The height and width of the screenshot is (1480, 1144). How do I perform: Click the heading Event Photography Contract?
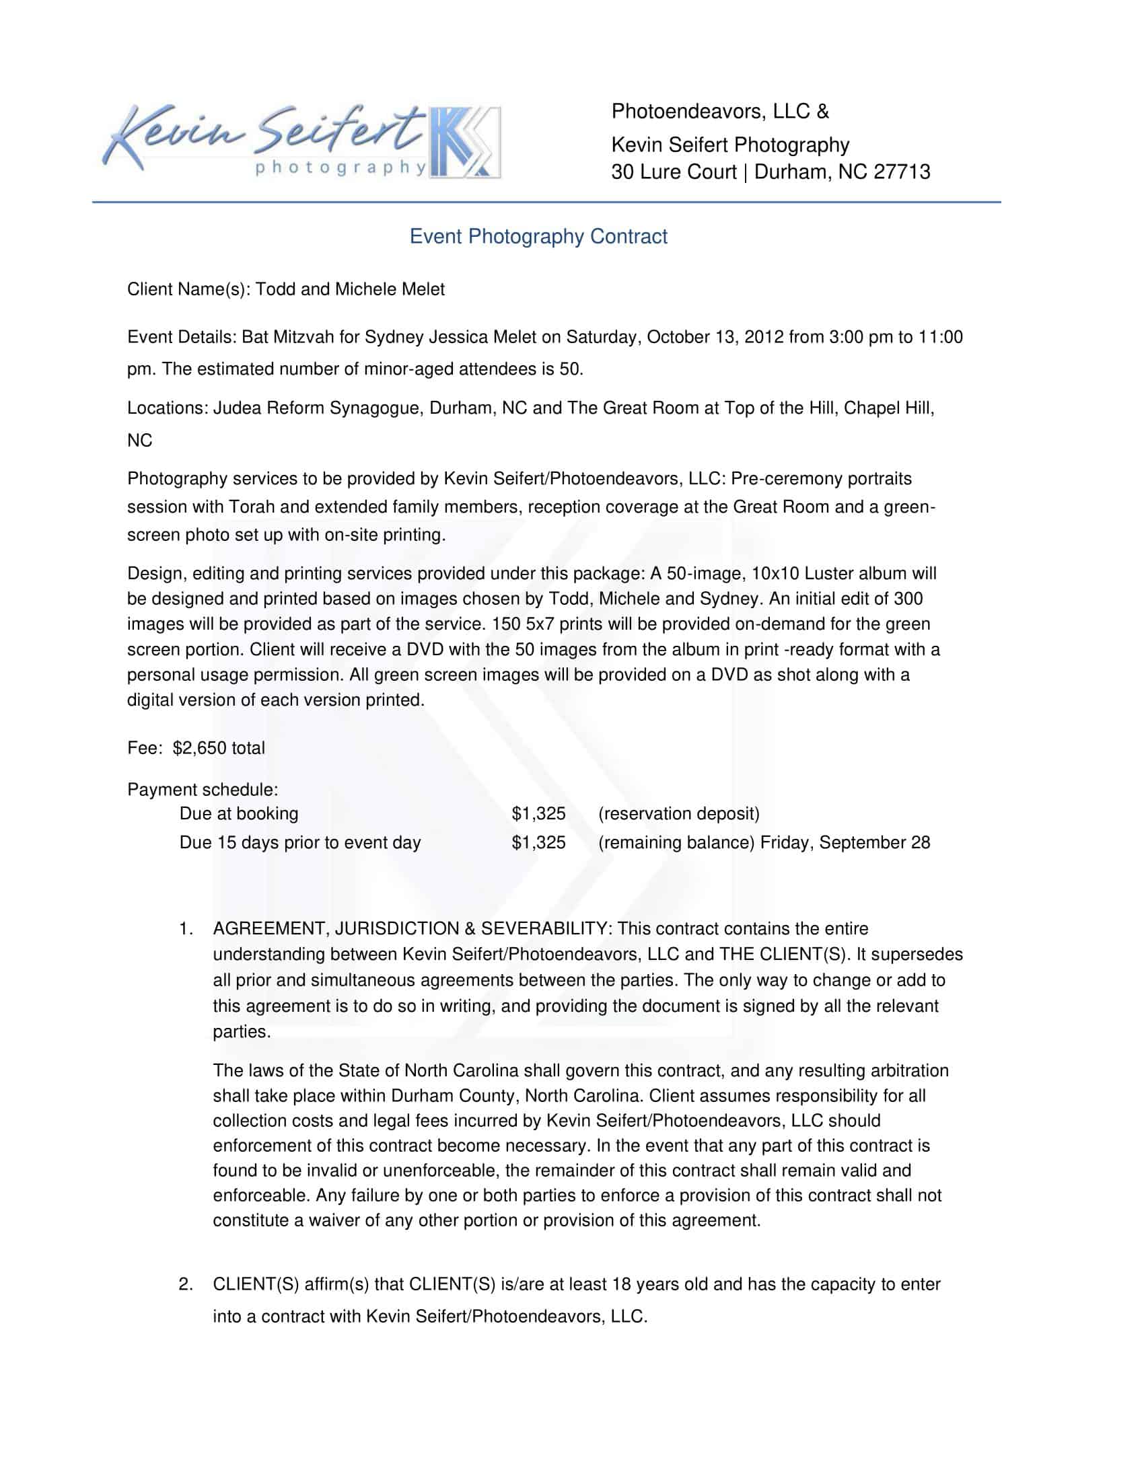[x=538, y=237]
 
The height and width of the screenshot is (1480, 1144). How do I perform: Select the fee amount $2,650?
[x=195, y=748]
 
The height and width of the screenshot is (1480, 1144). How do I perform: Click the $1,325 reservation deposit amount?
[x=538, y=814]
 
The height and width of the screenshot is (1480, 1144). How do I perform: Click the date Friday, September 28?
[x=845, y=843]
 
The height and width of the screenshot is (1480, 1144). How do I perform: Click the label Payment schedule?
[x=203, y=790]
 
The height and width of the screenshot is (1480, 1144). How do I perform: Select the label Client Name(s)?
[x=188, y=289]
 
